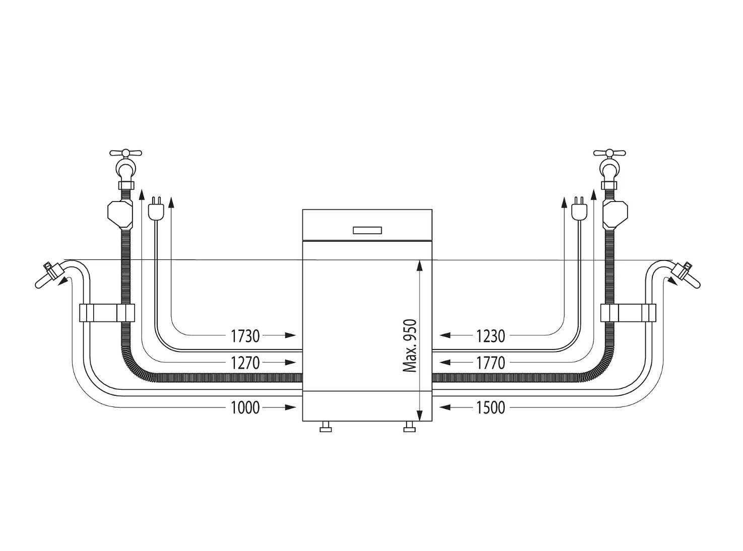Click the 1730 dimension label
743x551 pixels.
tap(245, 336)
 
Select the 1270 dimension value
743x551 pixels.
tap(245, 363)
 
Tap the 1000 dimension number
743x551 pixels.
tap(245, 408)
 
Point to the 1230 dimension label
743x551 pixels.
tap(491, 336)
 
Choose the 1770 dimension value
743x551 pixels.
tap(491, 363)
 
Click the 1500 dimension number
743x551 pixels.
tap(491, 408)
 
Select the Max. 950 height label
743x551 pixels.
tap(410, 346)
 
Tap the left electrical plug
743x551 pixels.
tap(156, 209)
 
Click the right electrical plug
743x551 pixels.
tap(579, 209)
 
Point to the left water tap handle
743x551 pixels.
tap(125, 153)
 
